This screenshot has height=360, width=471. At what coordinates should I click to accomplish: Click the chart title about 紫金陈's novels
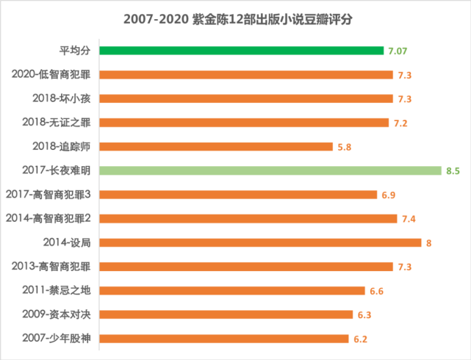coord(235,17)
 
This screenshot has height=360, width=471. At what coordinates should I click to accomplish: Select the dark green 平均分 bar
coord(242,51)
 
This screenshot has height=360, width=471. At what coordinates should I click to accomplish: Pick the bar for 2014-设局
coord(260,242)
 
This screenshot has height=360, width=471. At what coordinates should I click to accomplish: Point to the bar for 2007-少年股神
coord(224,339)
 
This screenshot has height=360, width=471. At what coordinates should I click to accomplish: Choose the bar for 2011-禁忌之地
coord(232,290)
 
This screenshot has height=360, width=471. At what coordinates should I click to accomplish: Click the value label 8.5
coord(453,170)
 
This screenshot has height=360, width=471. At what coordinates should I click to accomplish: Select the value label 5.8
coord(345,147)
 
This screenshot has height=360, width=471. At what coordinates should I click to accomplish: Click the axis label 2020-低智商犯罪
coord(53,74)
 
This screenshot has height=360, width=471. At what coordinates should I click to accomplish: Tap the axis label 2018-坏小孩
coord(64,98)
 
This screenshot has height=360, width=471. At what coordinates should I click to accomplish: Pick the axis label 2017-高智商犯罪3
coord(48,194)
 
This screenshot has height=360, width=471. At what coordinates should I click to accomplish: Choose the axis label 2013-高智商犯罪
coord(53,266)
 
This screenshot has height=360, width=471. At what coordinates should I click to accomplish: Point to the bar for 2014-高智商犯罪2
coord(248,218)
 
